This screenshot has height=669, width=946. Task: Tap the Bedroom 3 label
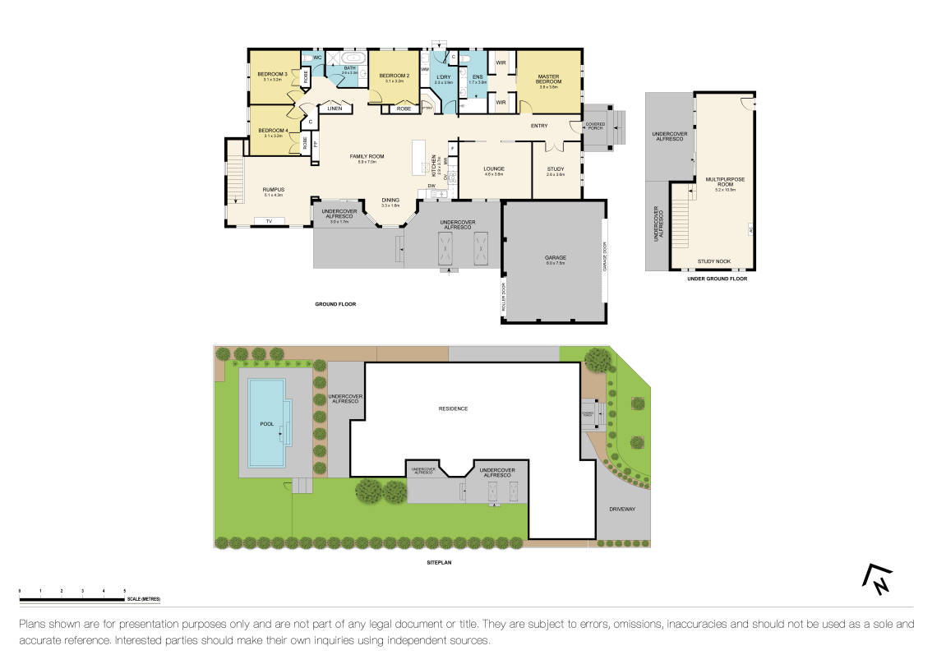pyautogui.click(x=272, y=75)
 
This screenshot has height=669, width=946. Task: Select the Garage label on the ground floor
pyautogui.click(x=555, y=258)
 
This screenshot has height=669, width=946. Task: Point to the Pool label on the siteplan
pyautogui.click(x=266, y=424)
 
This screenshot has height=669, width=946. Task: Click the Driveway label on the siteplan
pyautogui.click(x=622, y=510)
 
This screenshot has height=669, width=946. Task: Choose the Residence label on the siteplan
pyautogui.click(x=452, y=408)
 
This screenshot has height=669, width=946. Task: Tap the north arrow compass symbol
pyautogui.click(x=876, y=580)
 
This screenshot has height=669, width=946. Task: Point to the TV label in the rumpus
pyautogui.click(x=268, y=221)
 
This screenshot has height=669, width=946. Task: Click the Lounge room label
pyautogui.click(x=494, y=168)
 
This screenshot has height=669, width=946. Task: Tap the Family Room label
pyautogui.click(x=367, y=156)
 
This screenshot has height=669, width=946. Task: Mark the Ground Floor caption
pyautogui.click(x=335, y=304)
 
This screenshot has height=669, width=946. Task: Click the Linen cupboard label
pyautogui.click(x=334, y=108)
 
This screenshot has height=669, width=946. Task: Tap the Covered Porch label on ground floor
pyautogui.click(x=594, y=126)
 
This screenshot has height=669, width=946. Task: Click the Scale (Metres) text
pyautogui.click(x=144, y=599)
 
